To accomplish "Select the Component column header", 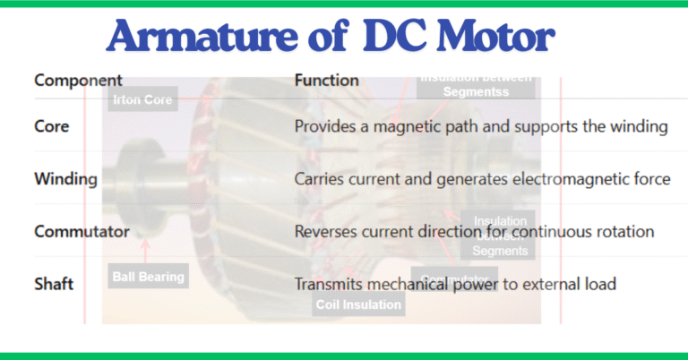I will click(x=78, y=81).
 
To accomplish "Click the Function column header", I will click(x=327, y=81).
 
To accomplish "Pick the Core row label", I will click(x=51, y=126).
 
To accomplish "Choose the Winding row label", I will click(x=65, y=179).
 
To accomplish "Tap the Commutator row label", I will click(x=82, y=232).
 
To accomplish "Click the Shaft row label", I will click(x=54, y=284).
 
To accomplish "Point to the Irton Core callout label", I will click(x=142, y=100).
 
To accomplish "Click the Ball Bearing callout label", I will click(x=148, y=276).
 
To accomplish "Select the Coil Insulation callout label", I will click(x=358, y=304).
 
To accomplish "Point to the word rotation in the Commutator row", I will click(x=625, y=232).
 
